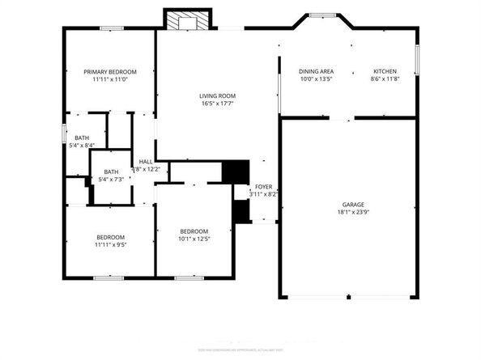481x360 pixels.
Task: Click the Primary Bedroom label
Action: tap(110, 72)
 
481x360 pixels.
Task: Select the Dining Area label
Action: tap(317, 72)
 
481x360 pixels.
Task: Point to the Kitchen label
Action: tap(384, 72)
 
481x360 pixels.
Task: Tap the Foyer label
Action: tap(265, 187)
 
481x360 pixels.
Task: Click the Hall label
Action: tap(146, 162)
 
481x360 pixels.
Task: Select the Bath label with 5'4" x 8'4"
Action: tap(82, 138)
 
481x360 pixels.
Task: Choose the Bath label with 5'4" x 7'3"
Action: tap(111, 172)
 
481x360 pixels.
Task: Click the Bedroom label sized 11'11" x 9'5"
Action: tap(110, 237)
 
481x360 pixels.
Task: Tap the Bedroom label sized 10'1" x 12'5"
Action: tap(194, 231)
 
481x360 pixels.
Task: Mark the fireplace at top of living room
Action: tap(188, 20)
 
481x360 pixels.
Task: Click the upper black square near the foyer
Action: tap(235, 172)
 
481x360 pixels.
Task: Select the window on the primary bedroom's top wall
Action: tap(111, 29)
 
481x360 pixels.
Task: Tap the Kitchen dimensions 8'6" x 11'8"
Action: tap(384, 79)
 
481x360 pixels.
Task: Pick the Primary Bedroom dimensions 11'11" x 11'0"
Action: tap(110, 79)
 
